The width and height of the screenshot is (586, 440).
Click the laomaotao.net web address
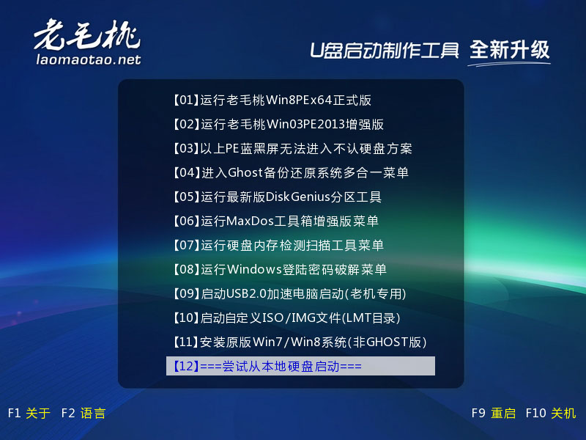(89, 59)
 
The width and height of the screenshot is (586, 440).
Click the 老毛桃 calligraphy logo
(87, 34)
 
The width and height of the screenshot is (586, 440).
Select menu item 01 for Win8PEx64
(272, 100)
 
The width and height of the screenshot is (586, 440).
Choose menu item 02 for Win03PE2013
(278, 124)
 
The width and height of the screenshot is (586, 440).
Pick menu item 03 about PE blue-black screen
(292, 149)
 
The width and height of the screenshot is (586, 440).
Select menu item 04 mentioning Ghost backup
(290, 172)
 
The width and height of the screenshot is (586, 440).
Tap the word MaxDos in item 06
(250, 221)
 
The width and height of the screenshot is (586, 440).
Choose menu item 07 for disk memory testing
(278, 245)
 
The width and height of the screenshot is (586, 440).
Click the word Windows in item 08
(254, 269)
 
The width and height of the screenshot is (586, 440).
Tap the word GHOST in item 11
(387, 342)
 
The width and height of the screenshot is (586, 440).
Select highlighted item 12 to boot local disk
(300, 366)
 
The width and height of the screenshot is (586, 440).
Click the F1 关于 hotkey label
(29, 413)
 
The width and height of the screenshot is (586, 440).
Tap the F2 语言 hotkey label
(84, 413)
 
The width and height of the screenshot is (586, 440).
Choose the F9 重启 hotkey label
(493, 413)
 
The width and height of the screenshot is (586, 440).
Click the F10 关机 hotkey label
(551, 413)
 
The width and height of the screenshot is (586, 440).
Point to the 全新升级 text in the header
(509, 50)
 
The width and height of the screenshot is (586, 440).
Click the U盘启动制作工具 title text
(384, 51)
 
